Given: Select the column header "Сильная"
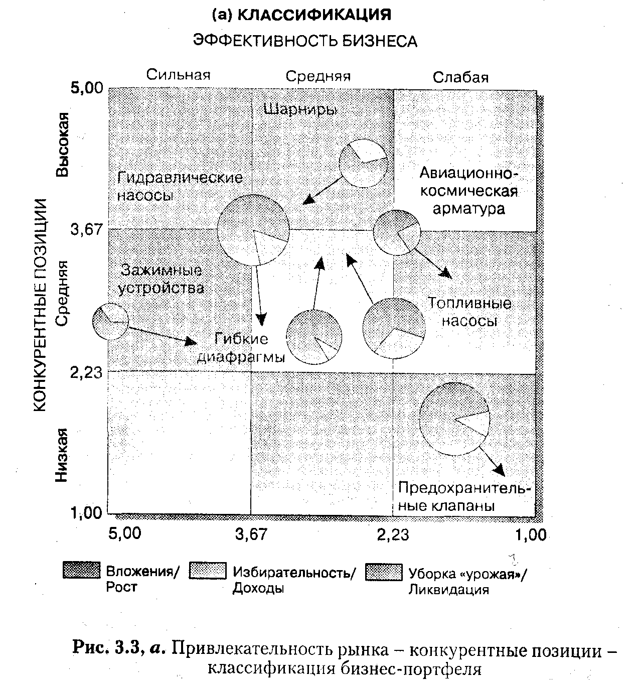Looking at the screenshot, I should [x=178, y=75].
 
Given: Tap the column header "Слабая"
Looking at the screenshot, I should [x=460, y=77].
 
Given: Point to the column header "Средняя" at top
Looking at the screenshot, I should [x=318, y=76].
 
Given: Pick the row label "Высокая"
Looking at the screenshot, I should [x=62, y=145].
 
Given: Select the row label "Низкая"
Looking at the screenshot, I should [x=61, y=455].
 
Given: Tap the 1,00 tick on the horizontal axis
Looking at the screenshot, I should [x=530, y=535].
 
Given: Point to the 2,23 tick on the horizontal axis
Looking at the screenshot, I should [x=393, y=535].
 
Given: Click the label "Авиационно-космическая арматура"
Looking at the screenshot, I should [x=468, y=191].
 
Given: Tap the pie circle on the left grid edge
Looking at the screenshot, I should [x=111, y=321].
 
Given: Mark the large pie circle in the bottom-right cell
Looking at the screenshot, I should [x=454, y=420].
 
